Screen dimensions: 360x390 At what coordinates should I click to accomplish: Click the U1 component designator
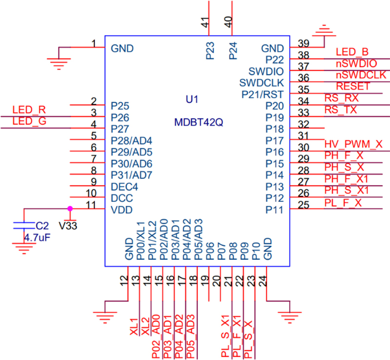(192, 99)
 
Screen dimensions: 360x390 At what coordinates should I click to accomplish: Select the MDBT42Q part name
(198, 123)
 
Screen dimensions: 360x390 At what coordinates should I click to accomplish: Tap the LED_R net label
(29, 109)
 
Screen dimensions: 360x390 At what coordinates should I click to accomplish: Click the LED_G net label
(29, 121)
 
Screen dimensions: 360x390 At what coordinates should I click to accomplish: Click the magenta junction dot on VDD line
(70, 208)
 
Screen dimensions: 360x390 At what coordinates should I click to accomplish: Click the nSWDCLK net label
(361, 75)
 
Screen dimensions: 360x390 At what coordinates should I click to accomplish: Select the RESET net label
(353, 86)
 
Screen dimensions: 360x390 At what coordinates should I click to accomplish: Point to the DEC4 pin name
(125, 187)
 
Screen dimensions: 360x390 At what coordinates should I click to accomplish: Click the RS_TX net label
(341, 110)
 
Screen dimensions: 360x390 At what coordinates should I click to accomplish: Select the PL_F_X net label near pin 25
(343, 203)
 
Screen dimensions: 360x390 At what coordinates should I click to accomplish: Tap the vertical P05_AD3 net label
(192, 338)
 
